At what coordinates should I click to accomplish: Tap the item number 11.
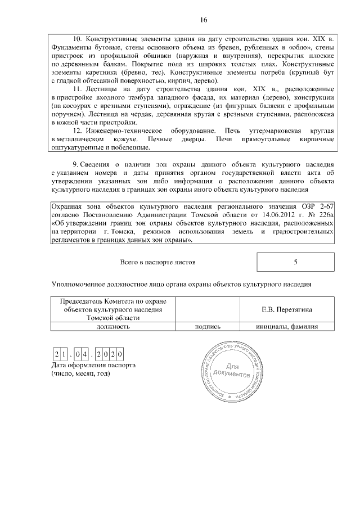(79, 89)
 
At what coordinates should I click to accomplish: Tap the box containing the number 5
(295, 262)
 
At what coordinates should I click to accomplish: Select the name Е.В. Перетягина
(287, 309)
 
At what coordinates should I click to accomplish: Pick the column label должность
(113, 326)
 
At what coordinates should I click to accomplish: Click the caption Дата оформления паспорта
(93, 366)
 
